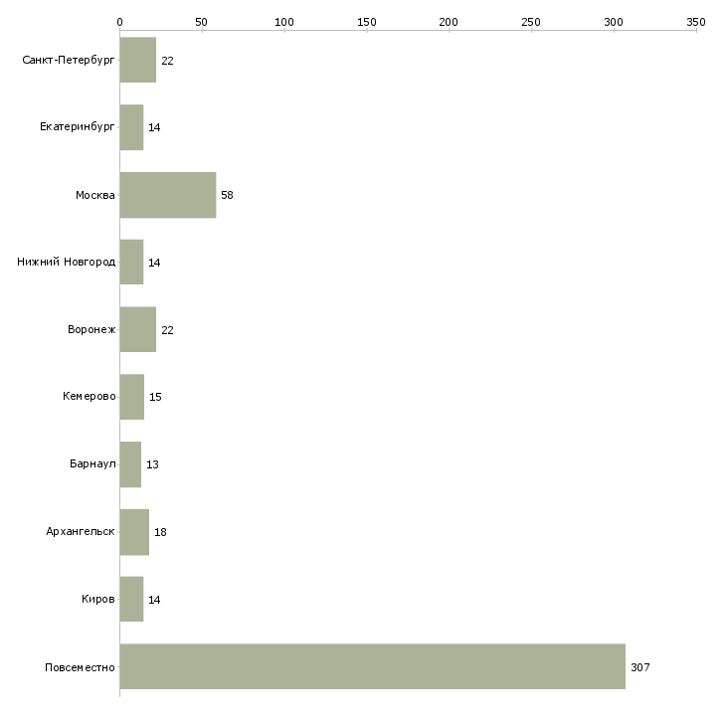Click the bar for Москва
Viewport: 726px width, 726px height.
pos(168,195)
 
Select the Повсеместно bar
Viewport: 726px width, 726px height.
pos(373,666)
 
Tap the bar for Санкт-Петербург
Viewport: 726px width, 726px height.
pos(138,61)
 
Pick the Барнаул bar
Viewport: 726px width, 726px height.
pos(130,464)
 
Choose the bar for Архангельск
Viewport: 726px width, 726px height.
pos(134,532)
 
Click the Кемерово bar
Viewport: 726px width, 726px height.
pos(132,397)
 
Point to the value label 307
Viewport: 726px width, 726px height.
pos(640,667)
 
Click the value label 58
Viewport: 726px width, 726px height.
pos(227,195)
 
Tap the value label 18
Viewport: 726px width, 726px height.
pos(160,532)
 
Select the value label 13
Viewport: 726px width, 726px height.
pos(152,464)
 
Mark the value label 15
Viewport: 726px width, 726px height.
pos(155,397)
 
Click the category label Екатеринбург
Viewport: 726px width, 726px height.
pos(77,127)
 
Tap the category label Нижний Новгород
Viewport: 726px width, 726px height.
pos(67,263)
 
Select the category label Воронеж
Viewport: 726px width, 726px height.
pos(91,329)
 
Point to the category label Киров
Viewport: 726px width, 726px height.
pos(98,599)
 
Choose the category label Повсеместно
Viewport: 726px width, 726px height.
pos(80,667)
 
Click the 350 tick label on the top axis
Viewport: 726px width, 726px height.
pos(696,22)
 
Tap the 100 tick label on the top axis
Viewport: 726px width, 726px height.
pos(284,22)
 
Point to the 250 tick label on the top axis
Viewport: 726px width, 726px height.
pos(531,22)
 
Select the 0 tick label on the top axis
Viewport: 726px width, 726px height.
pos(120,22)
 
